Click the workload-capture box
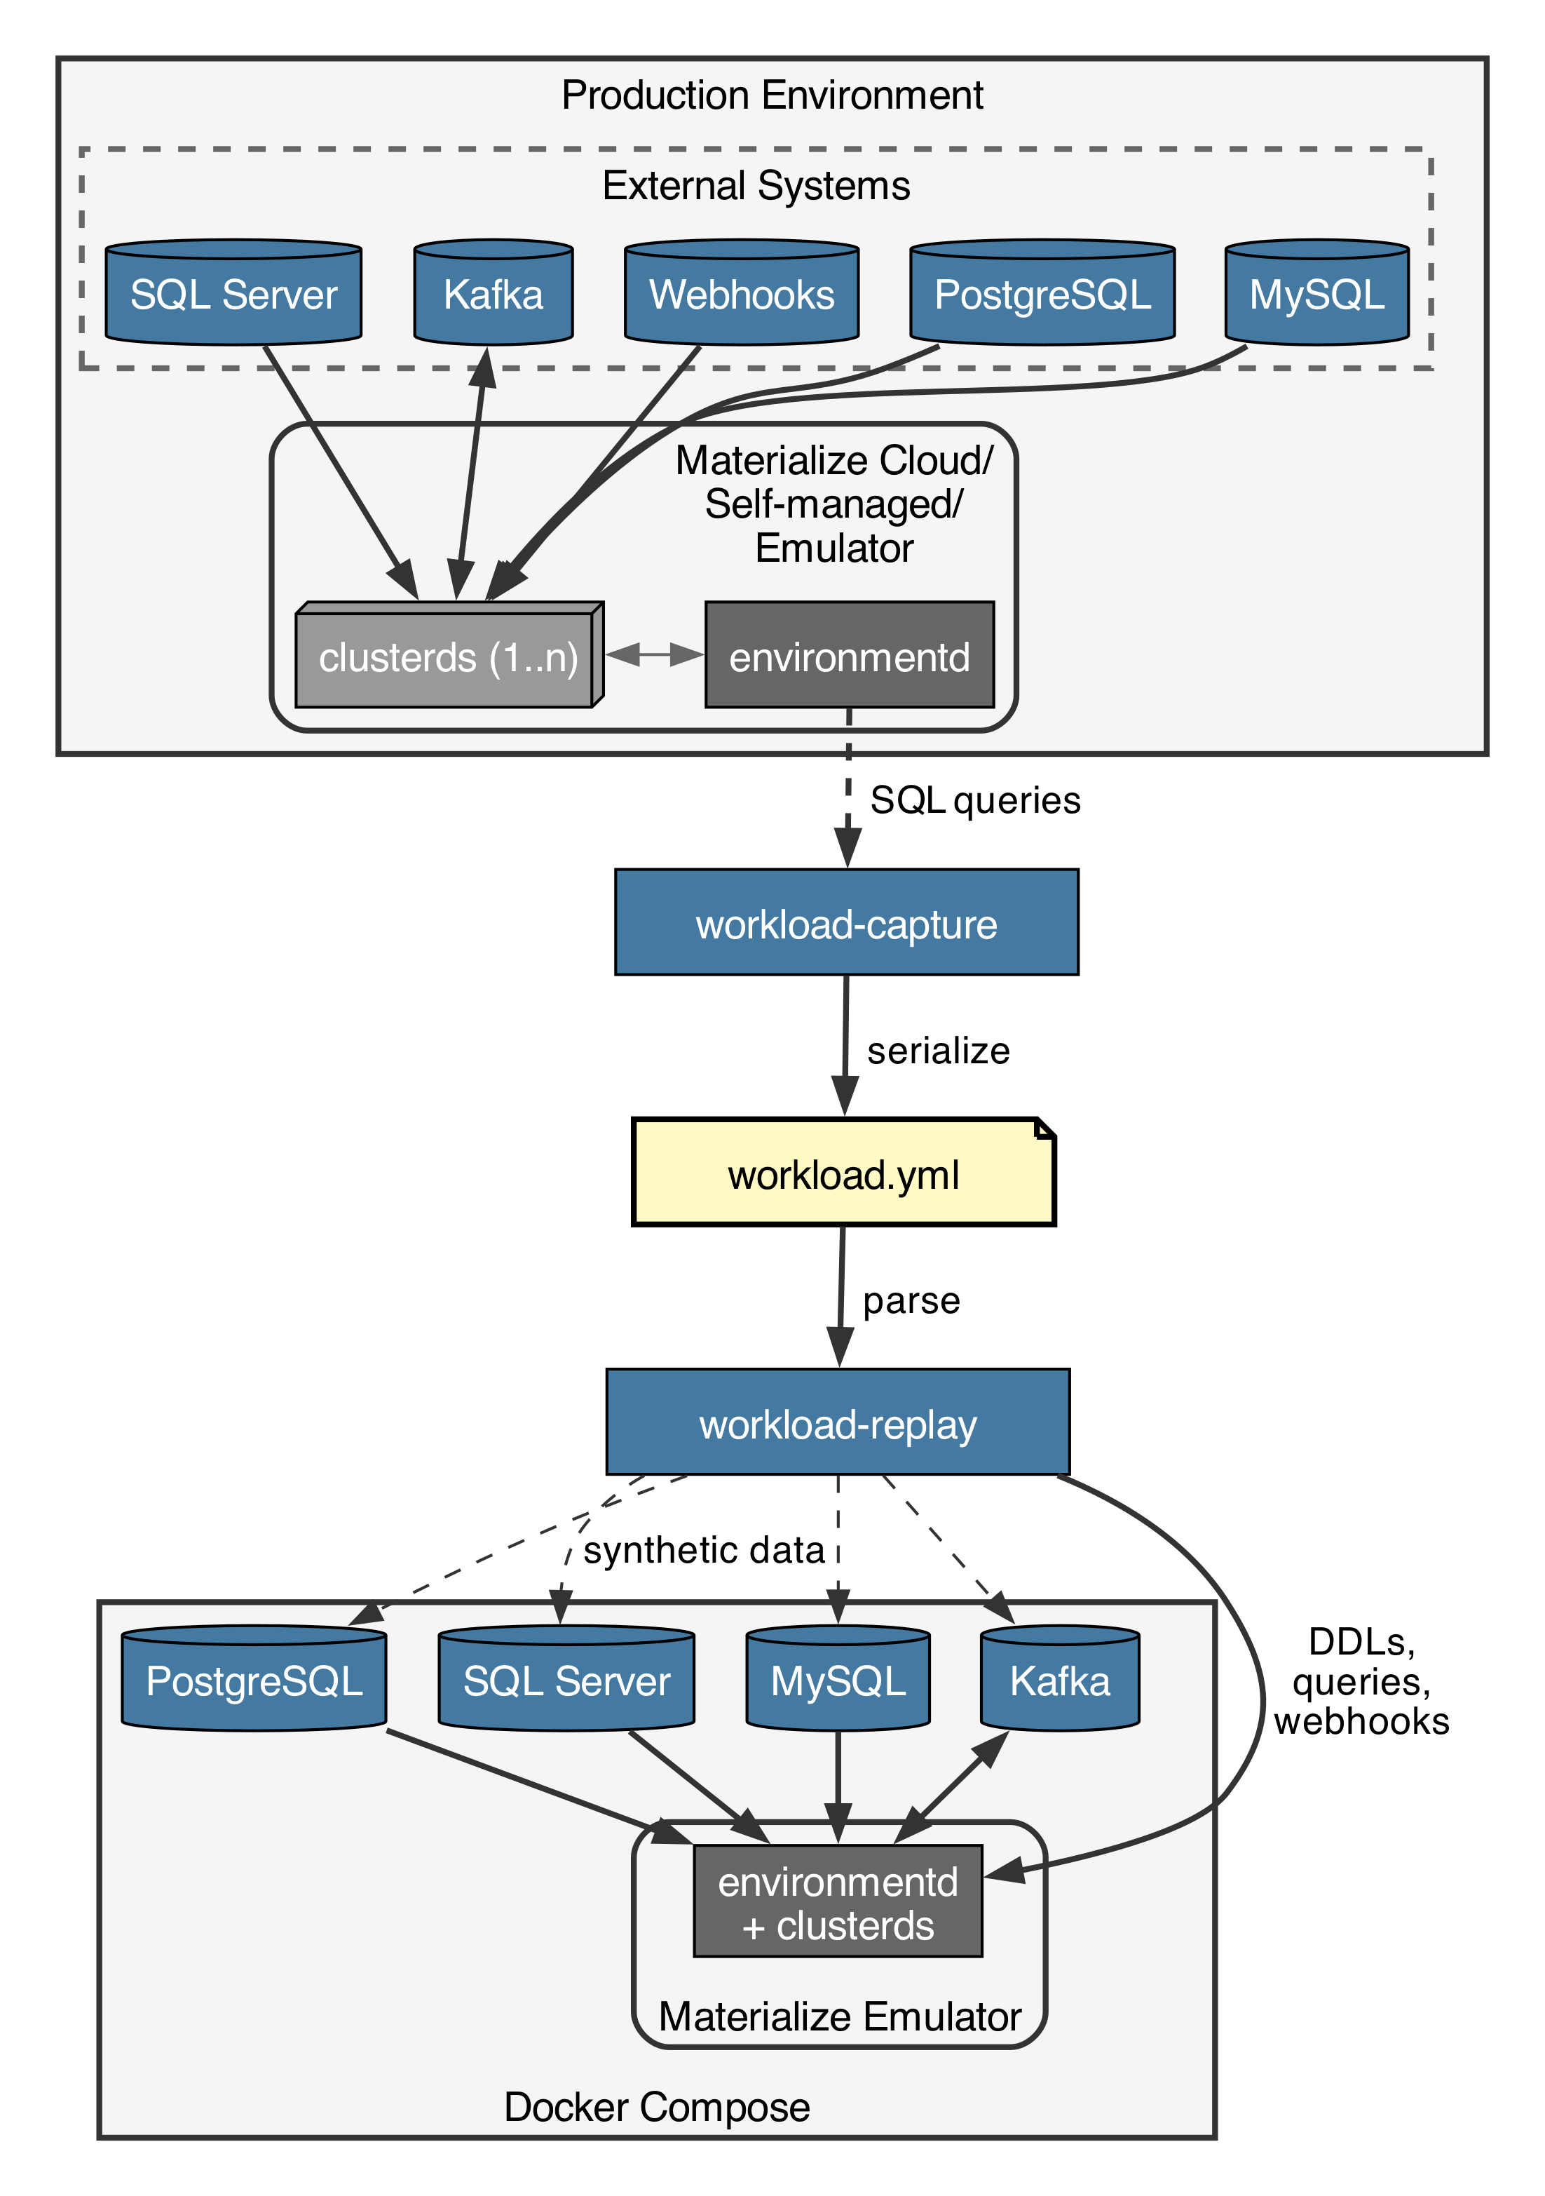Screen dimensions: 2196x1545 [846, 923]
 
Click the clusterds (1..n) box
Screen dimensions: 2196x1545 [447, 657]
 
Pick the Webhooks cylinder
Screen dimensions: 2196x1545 [741, 292]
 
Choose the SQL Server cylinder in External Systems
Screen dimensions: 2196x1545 [233, 292]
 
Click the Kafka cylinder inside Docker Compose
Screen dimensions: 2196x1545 [1059, 1680]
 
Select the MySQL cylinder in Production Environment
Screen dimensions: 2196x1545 [1316, 292]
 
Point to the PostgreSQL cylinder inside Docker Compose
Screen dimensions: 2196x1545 [254, 1680]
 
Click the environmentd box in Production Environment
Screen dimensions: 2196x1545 [849, 657]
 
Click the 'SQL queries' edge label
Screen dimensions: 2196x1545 [974, 800]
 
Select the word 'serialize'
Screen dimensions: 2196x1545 [938, 1050]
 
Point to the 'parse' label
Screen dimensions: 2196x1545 [911, 1301]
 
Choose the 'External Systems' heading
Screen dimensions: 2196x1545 [755, 186]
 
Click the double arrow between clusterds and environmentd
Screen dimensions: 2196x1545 [655, 655]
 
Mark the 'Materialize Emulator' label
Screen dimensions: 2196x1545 [839, 2017]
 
